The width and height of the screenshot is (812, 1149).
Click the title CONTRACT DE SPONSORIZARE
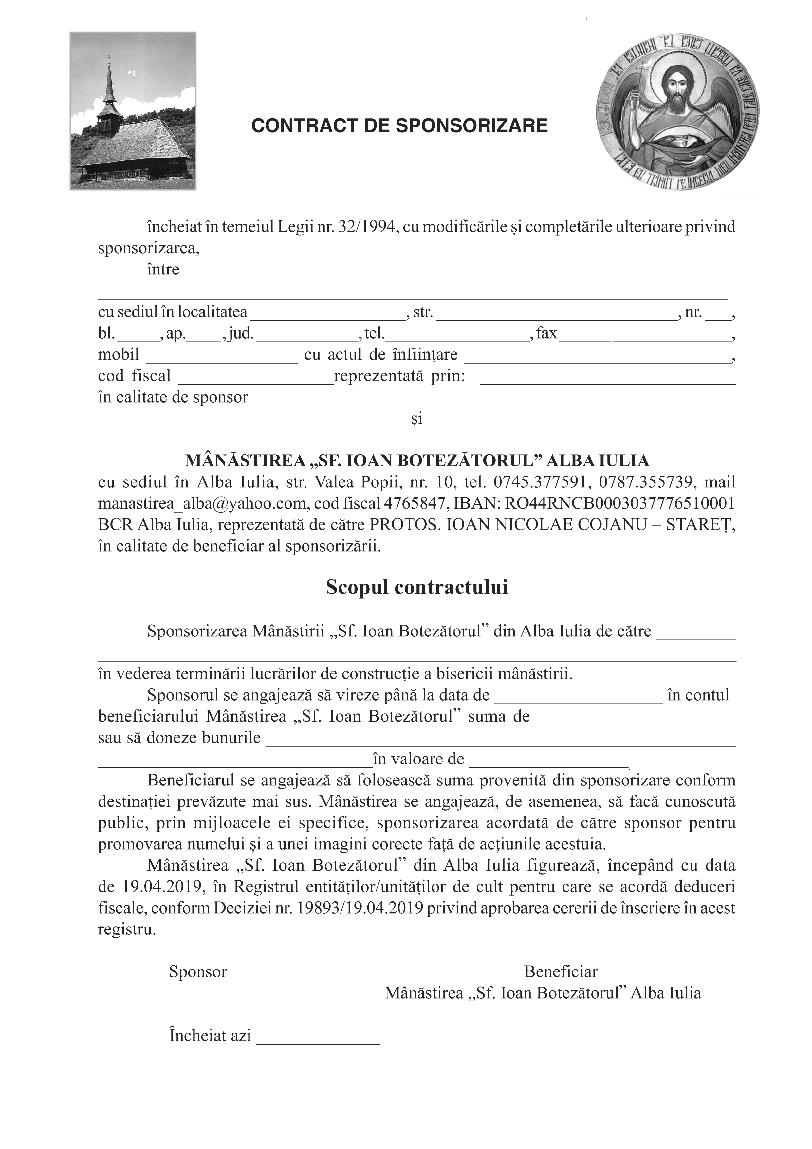point(399,125)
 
